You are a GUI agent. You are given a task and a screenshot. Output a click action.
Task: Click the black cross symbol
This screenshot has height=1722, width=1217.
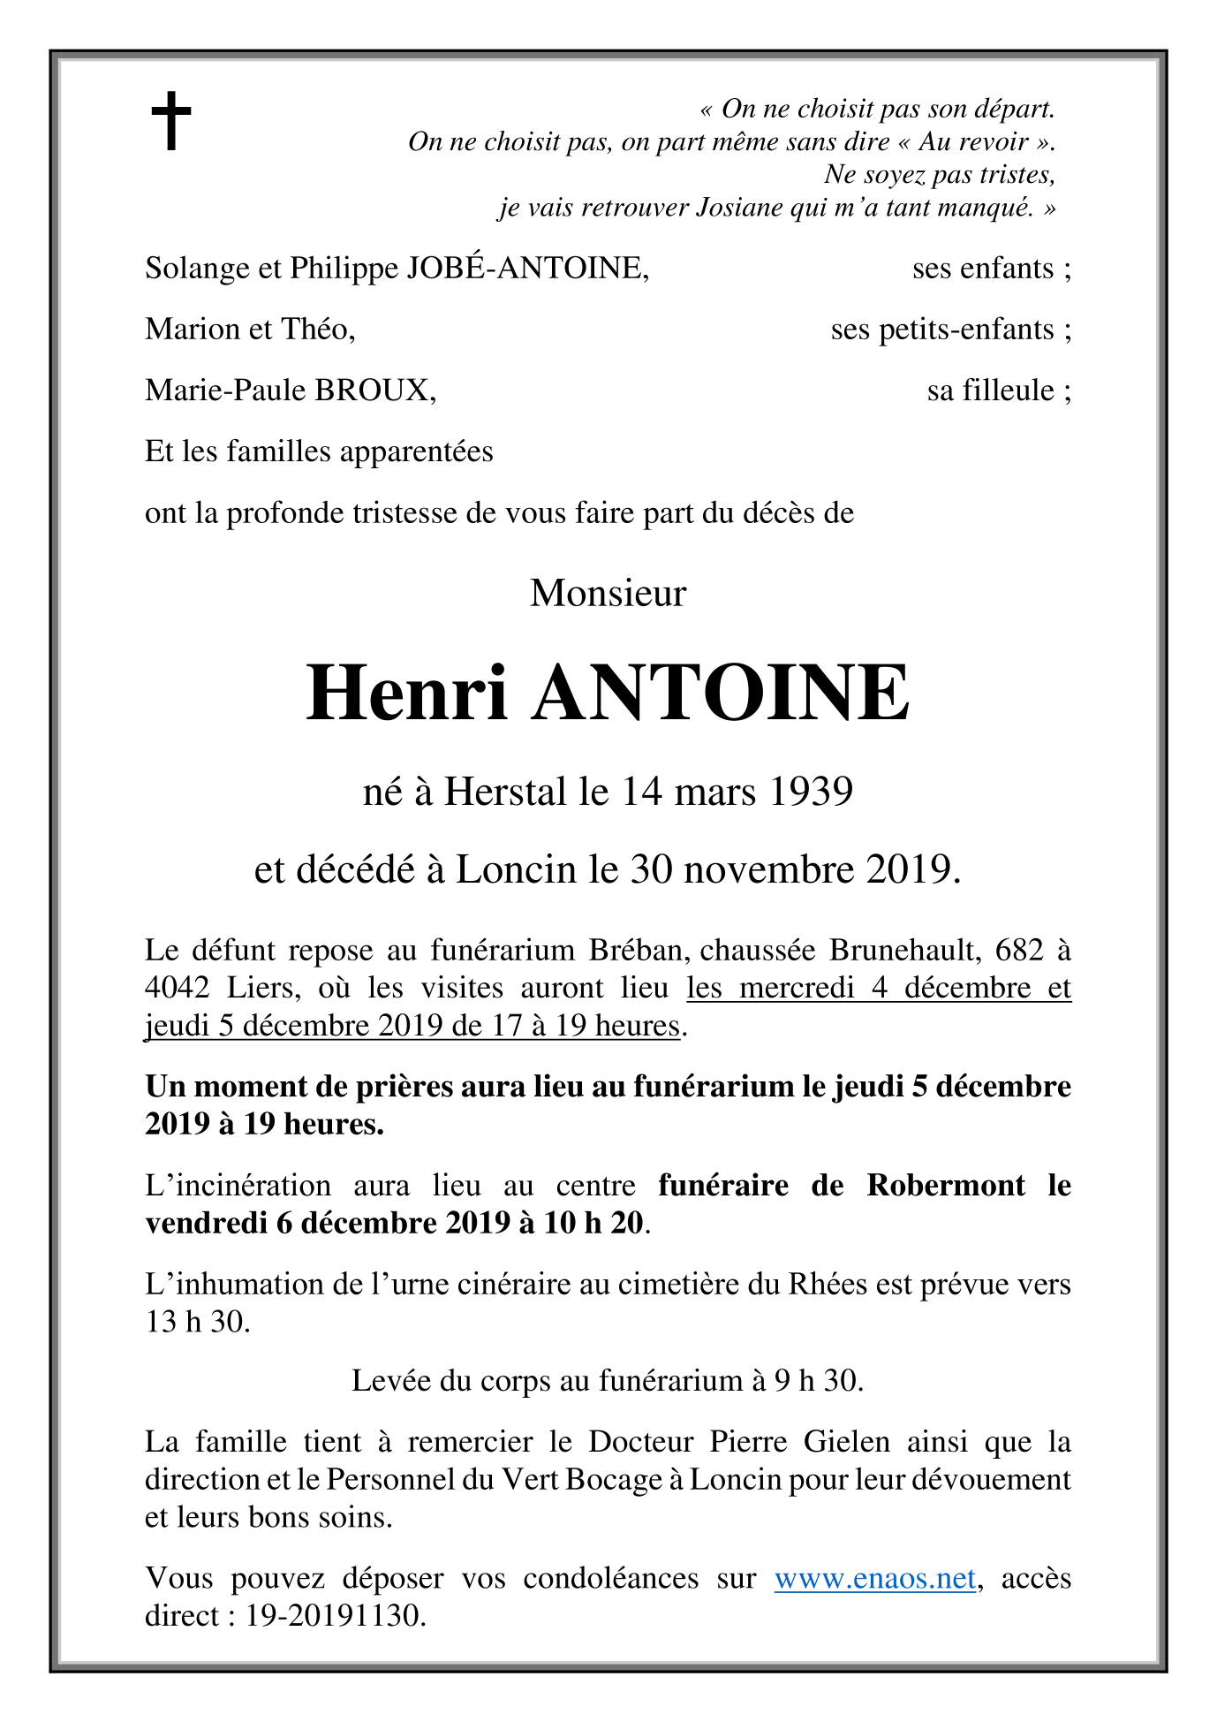coord(171,121)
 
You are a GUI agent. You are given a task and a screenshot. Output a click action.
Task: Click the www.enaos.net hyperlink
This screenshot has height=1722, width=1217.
coord(874,1578)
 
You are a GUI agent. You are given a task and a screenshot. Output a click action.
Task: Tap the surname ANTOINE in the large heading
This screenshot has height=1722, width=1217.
coord(720,694)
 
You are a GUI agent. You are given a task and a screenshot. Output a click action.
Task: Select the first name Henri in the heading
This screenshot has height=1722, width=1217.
coord(407,694)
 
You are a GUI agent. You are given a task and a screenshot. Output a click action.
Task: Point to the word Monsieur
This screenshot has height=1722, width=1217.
coord(608,593)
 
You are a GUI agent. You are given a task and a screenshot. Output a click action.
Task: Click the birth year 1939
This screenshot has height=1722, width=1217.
coord(811,792)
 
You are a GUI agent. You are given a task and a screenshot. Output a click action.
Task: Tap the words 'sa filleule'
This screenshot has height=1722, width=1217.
coord(990,391)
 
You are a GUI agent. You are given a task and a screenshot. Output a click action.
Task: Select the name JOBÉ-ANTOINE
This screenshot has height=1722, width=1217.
coord(526,268)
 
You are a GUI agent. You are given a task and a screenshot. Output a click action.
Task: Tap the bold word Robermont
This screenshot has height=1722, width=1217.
coord(946,1185)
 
